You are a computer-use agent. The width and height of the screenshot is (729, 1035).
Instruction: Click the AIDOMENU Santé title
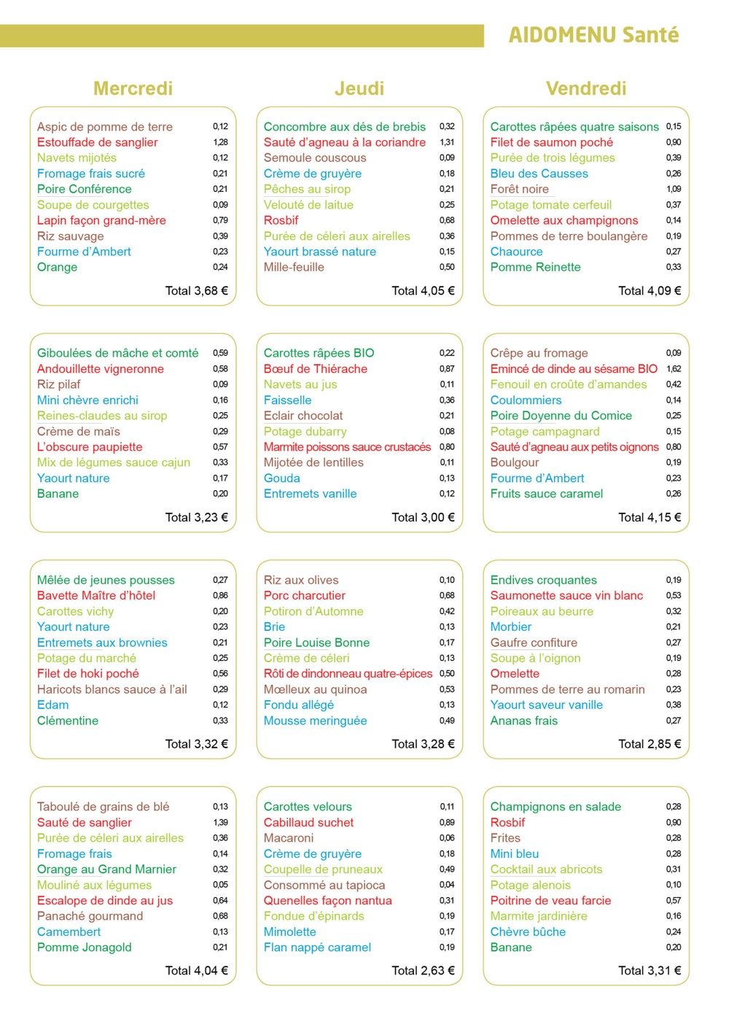(593, 35)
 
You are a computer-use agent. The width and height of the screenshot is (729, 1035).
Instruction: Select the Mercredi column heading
(133, 88)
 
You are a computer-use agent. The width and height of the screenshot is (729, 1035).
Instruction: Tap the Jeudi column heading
(359, 88)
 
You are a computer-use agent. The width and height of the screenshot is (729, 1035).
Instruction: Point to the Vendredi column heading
(586, 88)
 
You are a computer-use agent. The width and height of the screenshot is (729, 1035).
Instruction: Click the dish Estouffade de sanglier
(97, 142)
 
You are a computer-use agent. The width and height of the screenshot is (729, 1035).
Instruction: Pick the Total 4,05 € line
(423, 290)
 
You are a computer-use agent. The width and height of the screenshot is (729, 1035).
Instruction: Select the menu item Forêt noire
(519, 189)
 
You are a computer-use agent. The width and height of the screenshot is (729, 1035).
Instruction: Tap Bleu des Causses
(539, 174)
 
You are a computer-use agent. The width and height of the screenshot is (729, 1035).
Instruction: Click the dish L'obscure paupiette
(90, 446)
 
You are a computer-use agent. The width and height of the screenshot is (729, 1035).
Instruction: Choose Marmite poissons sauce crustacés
(347, 446)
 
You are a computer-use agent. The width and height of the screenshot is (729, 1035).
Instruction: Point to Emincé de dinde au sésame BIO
(574, 368)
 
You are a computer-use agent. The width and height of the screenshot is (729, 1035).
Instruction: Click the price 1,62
(674, 368)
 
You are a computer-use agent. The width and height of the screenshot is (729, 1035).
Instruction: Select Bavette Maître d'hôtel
(96, 595)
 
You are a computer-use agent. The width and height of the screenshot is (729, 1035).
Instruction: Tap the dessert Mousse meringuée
(315, 721)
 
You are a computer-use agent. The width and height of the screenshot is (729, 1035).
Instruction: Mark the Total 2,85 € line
(650, 744)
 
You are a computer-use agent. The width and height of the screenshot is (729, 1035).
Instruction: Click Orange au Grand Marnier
(106, 869)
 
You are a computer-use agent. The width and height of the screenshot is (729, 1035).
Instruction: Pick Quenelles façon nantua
(327, 900)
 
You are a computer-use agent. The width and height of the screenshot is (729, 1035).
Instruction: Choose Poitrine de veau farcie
(550, 900)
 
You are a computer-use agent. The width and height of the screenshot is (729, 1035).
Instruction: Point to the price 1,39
(220, 822)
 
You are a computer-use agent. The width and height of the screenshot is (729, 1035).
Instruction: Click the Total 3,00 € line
(423, 517)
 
